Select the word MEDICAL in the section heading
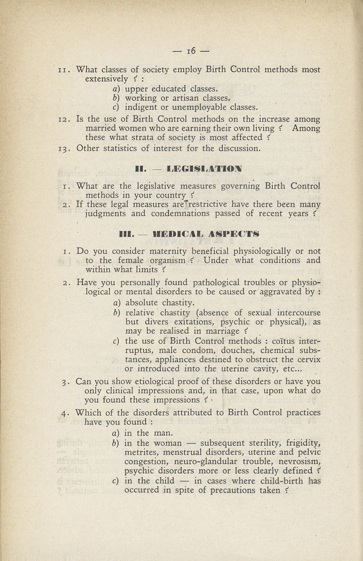click(177, 234)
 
